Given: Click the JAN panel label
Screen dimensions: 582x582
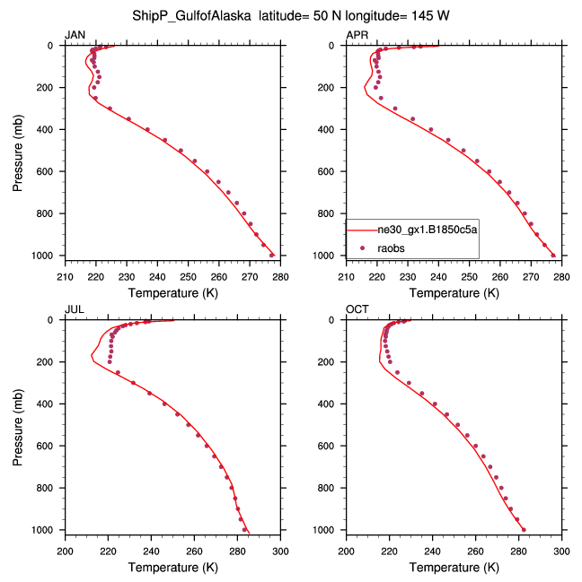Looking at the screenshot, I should click(x=75, y=35).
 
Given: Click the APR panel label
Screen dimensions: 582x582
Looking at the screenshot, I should click(x=357, y=35).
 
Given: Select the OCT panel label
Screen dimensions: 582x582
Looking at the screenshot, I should click(x=357, y=309).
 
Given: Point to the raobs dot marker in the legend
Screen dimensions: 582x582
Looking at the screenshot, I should click(x=362, y=247).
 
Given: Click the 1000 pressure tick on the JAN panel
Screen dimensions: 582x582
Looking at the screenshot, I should click(x=45, y=256).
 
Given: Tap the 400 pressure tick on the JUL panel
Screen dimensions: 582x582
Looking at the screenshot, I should click(x=48, y=404).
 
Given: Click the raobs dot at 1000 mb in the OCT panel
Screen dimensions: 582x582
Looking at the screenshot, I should click(x=525, y=530).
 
